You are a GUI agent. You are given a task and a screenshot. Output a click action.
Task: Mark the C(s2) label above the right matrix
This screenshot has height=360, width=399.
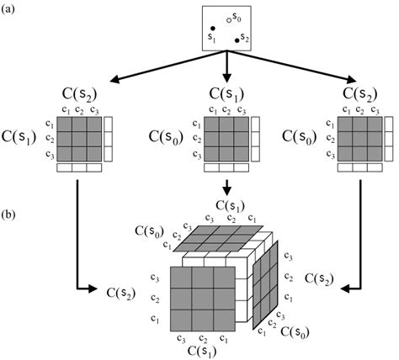(x=362, y=93)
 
